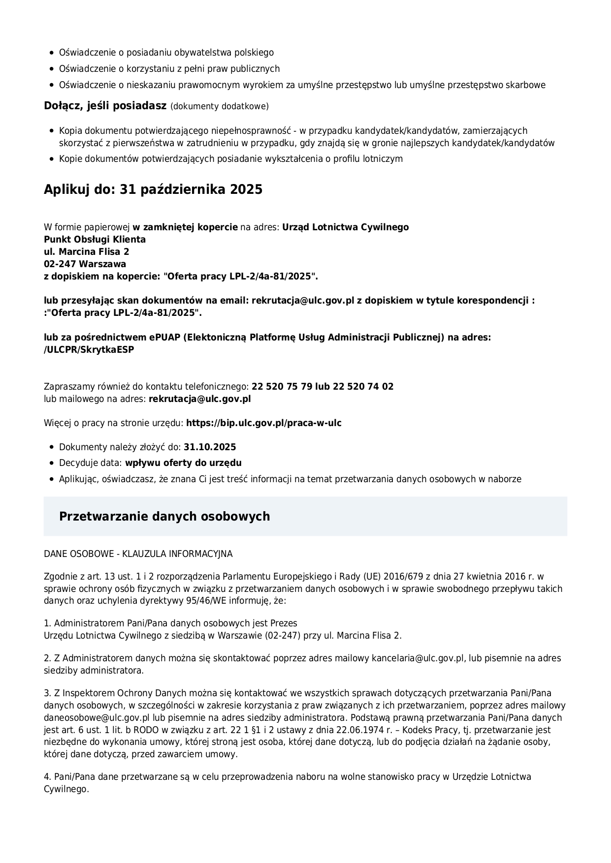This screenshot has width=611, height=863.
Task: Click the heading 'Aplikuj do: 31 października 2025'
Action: pyautogui.click(x=153, y=189)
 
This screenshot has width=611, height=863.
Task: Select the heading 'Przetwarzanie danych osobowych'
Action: pyautogui.click(x=164, y=516)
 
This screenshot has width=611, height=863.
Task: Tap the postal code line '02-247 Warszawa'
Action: pyautogui.click(x=85, y=264)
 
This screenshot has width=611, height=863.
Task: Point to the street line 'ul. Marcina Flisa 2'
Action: pyautogui.click(x=87, y=251)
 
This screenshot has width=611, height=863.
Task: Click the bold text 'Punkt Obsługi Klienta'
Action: pyautogui.click(x=95, y=239)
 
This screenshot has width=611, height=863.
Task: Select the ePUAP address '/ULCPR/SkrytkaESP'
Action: pyautogui.click(x=89, y=349)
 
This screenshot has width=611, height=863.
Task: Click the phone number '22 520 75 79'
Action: pyautogui.click(x=282, y=386)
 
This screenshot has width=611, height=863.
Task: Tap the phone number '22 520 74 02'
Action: pyautogui.click(x=363, y=386)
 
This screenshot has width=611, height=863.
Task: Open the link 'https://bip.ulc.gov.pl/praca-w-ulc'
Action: pyautogui.click(x=264, y=423)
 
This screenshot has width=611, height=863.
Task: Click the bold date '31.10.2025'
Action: pyautogui.click(x=210, y=447)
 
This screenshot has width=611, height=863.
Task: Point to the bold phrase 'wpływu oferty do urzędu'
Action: pyautogui.click(x=183, y=462)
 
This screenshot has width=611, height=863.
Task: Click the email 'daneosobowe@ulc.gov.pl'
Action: pyautogui.click(x=96, y=717)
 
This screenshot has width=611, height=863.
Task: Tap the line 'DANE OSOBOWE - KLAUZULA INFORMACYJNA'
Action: pyautogui.click(x=138, y=554)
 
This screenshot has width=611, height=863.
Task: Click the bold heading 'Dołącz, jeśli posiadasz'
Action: pyautogui.click(x=105, y=106)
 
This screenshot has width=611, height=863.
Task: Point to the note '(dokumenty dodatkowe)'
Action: pyautogui.click(x=220, y=106)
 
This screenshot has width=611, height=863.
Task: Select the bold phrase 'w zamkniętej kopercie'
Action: pyautogui.click(x=185, y=227)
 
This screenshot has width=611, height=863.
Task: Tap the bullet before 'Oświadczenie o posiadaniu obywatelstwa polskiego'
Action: pyautogui.click(x=52, y=53)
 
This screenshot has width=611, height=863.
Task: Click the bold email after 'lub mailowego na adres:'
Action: pyautogui.click(x=200, y=399)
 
